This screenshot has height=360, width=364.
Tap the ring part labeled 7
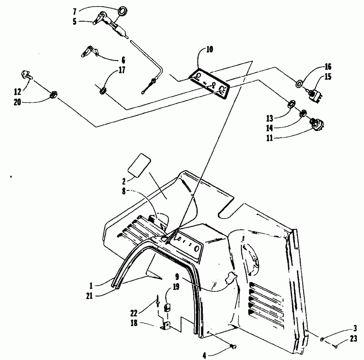click(121, 9)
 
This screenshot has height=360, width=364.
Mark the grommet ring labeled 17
click(103, 90)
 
